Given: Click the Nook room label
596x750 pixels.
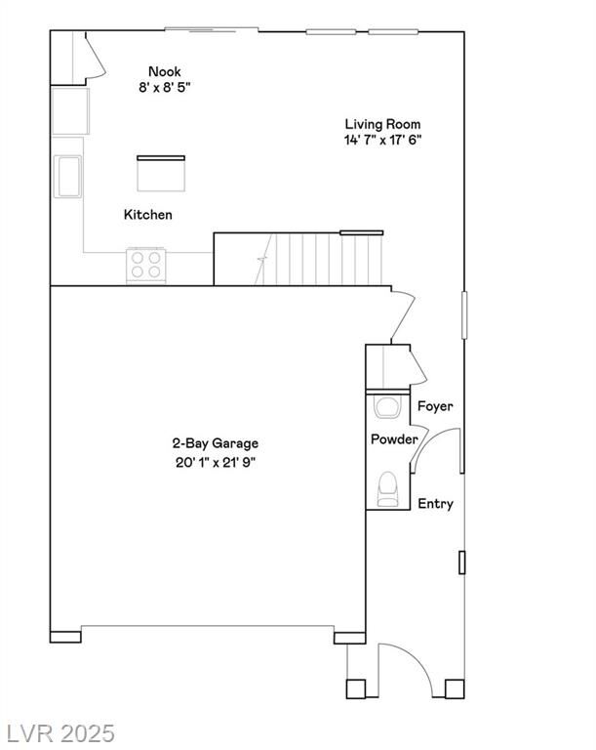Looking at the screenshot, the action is coord(165,71).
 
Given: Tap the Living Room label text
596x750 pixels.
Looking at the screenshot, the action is coord(382,124).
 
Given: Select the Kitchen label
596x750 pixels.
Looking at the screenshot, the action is coord(147,214).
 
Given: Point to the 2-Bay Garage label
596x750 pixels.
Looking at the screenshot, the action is coord(215,443).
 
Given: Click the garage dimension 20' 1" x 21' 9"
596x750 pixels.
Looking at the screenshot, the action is coord(216,463).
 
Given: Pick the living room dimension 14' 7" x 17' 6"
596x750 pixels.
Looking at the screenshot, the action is coord(382,141).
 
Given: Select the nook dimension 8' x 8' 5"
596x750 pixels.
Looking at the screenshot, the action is coord(165,88).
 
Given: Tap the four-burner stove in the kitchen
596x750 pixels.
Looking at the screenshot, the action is coord(145,266).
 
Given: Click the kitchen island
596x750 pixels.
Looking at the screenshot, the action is coord(161,173).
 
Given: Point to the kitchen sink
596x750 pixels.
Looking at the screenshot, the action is coord(67,177).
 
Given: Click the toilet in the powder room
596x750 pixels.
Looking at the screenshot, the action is coord(387,489).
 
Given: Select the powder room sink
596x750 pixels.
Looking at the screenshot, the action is coord(386,406).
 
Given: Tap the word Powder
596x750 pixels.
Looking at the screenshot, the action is coord(394,439).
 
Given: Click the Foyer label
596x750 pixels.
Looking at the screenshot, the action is coord(435,406).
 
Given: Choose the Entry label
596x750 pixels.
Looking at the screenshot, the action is coord(435,504).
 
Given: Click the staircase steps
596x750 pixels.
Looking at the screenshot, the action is coord(318,259).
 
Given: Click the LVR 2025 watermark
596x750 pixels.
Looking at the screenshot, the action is coord(59,733).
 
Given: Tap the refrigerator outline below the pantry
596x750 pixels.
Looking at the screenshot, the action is coord(70,111).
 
